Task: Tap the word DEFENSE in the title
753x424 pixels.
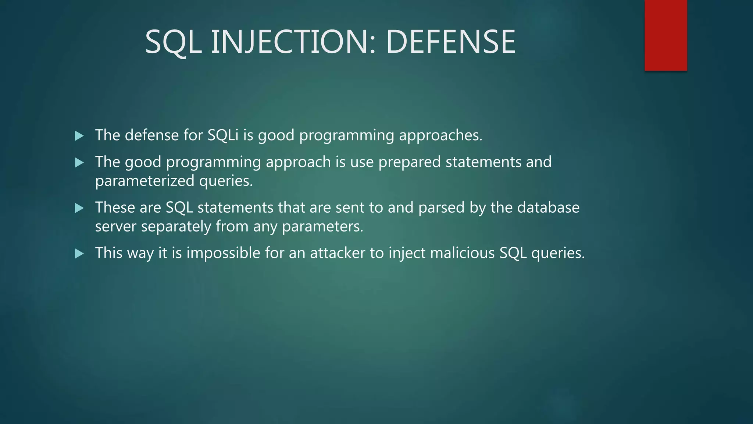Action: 450,42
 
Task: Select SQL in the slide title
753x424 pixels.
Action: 174,42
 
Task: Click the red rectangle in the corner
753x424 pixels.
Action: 665,35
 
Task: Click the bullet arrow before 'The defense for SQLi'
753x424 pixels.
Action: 79,136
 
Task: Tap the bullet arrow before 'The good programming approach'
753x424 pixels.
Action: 79,162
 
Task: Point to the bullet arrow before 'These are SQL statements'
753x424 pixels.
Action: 79,208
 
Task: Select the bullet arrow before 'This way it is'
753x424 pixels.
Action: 79,253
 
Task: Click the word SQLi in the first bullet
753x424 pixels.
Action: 223,135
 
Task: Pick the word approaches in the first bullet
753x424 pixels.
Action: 440,136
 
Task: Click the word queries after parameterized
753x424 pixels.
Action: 225,181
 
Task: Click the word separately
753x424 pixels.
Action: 176,227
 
